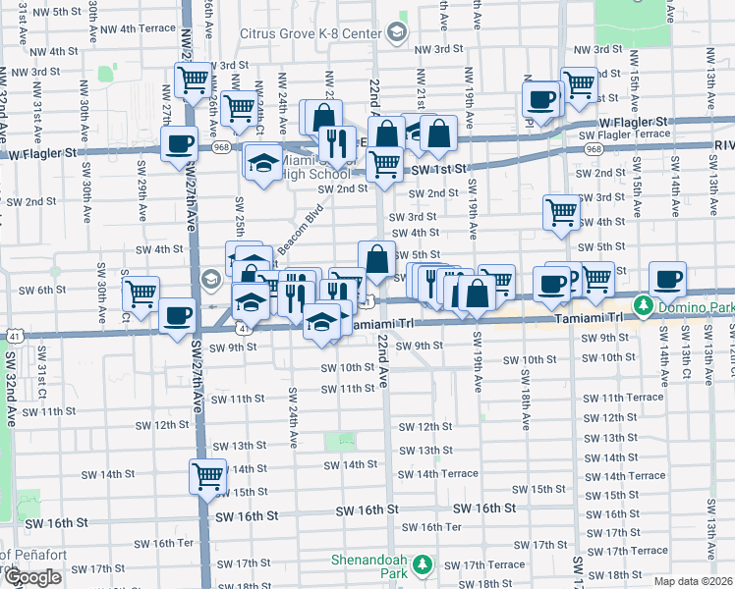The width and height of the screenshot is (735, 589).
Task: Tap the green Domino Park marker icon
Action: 643,305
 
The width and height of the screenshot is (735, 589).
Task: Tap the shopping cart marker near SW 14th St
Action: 207,477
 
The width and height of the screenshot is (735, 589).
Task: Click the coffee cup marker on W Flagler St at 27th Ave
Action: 178,143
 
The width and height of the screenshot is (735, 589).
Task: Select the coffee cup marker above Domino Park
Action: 668,279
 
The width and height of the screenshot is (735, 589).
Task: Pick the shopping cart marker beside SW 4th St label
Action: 561,211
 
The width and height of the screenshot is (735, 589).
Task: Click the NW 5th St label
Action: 54,11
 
